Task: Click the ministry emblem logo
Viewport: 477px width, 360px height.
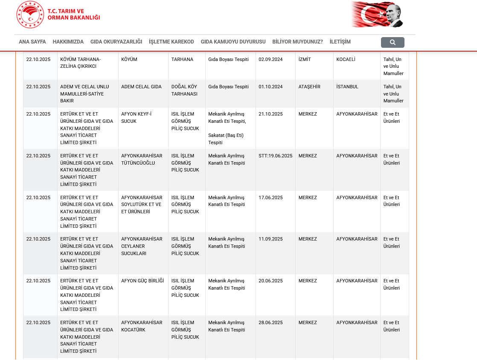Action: [30, 15]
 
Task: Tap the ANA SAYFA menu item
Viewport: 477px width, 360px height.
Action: [32, 42]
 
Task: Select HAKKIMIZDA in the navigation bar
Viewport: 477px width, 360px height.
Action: [68, 42]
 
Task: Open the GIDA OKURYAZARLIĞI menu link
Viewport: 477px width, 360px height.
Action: [116, 42]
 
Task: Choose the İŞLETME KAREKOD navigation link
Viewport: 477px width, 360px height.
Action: [172, 42]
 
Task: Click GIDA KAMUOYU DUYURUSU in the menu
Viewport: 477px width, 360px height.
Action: [233, 42]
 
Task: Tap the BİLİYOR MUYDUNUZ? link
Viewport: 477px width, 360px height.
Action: [297, 42]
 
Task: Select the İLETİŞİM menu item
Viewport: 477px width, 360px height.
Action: [340, 42]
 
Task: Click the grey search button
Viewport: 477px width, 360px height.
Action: [393, 42]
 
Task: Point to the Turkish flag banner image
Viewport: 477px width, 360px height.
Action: [377, 14]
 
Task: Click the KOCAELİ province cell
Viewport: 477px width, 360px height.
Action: [346, 60]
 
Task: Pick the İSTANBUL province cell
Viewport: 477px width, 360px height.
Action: [347, 87]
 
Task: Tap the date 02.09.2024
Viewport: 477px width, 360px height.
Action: [270, 60]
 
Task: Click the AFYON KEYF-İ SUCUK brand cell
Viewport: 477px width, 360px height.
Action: [137, 118]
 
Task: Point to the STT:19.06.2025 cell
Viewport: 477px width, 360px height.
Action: [275, 156]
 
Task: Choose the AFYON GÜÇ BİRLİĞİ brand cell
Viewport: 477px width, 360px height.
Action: [143, 281]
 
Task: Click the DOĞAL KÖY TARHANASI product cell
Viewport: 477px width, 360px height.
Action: [184, 90]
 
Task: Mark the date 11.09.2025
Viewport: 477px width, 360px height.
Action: [270, 239]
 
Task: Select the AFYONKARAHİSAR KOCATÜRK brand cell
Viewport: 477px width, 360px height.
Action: [142, 326]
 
